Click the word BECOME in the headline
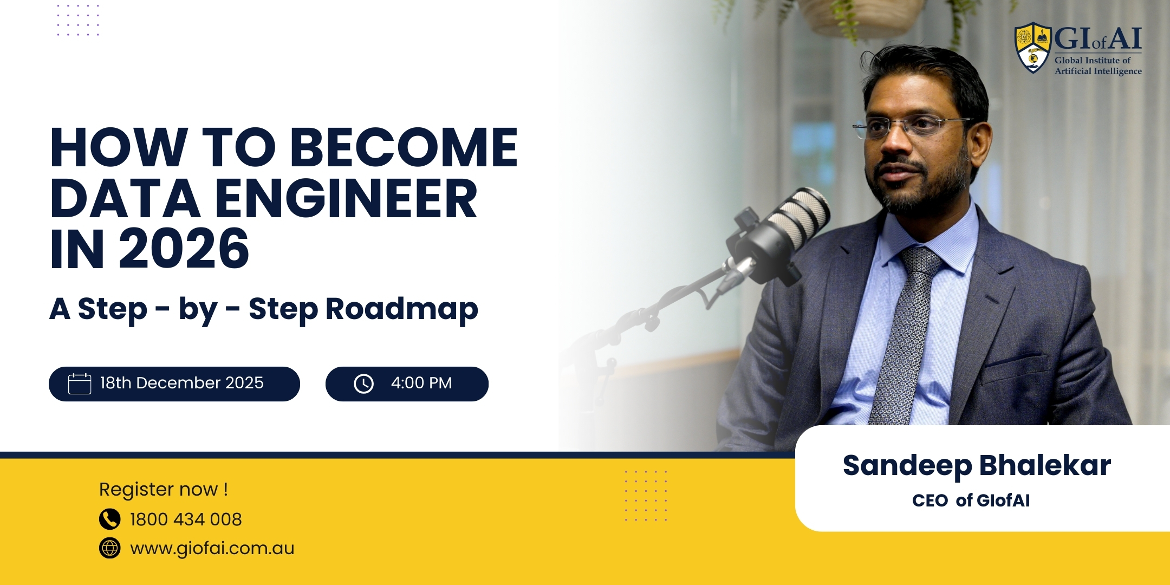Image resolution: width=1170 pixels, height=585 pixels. click(404, 147)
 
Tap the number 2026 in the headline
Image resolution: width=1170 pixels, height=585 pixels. click(184, 249)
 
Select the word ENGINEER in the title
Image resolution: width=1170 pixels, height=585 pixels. click(347, 199)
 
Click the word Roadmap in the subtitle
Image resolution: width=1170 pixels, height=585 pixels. click(401, 309)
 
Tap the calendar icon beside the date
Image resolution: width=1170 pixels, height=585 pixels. click(80, 383)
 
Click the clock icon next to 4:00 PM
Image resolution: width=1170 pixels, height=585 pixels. click(363, 383)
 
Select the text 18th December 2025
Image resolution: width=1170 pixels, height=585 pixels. click(181, 383)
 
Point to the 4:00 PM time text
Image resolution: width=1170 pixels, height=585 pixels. click(421, 383)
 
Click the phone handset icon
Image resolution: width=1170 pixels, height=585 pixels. click(109, 519)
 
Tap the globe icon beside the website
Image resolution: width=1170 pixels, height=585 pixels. click(109, 548)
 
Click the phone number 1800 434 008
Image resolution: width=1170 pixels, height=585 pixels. click(186, 519)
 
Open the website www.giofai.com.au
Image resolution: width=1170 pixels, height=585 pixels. click(212, 548)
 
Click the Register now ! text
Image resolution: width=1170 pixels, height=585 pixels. click(163, 489)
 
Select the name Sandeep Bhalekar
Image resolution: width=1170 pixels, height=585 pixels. click(976, 465)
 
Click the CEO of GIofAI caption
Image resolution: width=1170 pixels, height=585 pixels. click(971, 500)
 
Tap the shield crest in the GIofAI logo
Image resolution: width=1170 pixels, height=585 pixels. click(1033, 48)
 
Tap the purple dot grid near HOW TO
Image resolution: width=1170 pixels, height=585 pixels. click(79, 20)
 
